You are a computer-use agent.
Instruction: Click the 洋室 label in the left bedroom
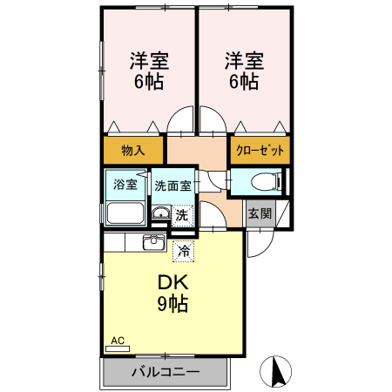(x=149, y=61)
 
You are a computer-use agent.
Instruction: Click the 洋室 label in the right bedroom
(x=245, y=61)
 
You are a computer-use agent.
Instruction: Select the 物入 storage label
(x=133, y=150)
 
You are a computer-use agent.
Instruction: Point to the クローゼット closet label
(x=260, y=150)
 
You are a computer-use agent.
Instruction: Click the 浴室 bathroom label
(x=125, y=184)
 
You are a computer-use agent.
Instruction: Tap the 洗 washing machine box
(x=181, y=214)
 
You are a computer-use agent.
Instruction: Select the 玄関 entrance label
(x=259, y=213)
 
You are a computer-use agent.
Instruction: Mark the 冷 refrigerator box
(x=184, y=251)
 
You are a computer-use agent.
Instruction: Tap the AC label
(x=117, y=340)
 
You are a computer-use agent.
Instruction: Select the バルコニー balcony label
(x=166, y=372)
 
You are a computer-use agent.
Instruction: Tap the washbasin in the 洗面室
(x=160, y=213)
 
